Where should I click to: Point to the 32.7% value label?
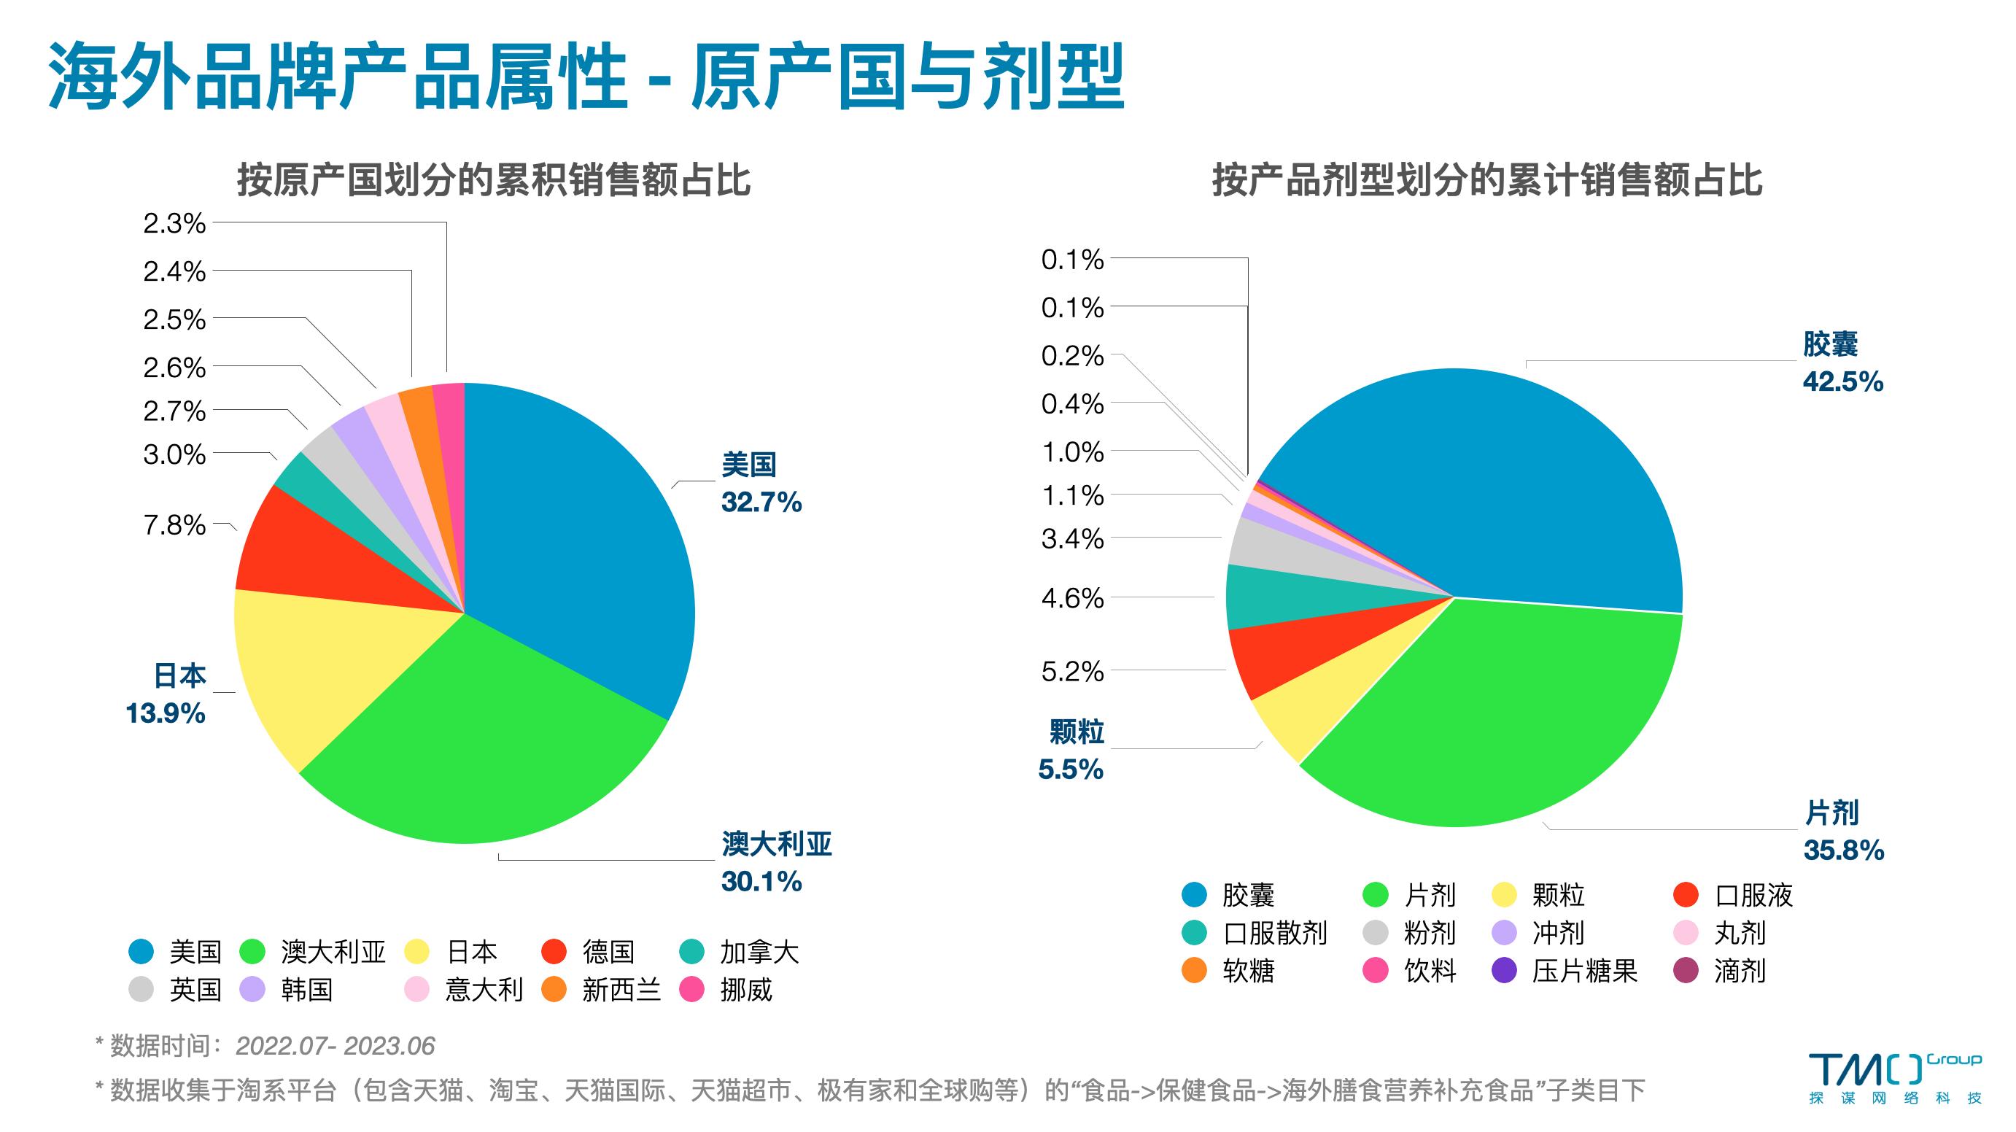point(761,502)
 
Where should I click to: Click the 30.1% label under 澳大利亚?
point(761,882)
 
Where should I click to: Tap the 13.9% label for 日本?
point(166,713)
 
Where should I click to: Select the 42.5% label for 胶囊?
point(1843,382)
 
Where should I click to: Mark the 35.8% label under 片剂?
point(1844,850)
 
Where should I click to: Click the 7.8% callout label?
point(174,524)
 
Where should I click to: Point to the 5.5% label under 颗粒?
point(1071,769)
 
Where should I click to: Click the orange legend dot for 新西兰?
point(554,990)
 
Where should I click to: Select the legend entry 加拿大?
point(759,952)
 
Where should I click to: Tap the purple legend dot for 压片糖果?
point(1505,971)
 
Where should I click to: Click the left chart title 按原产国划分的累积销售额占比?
point(494,180)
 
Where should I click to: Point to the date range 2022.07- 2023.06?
point(335,1046)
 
